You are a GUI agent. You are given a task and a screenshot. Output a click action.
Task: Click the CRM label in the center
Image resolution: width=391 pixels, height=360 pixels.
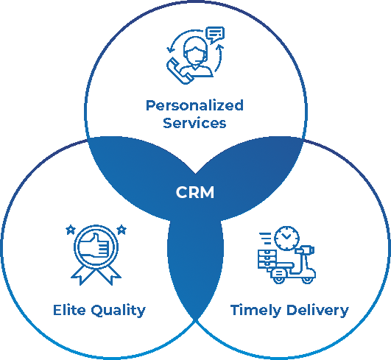coord(195,192)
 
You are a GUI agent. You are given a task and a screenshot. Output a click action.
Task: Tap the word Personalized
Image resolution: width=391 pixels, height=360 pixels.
coord(194,106)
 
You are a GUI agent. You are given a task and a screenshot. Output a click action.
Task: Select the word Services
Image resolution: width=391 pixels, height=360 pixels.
coord(194,123)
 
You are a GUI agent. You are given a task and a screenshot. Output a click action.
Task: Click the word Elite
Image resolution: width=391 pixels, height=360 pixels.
coord(69,310)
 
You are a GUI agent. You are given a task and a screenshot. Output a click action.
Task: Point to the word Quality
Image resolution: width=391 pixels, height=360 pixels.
coord(119,311)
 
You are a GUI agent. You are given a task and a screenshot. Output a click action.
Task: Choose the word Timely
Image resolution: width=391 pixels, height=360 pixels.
coord(256,311)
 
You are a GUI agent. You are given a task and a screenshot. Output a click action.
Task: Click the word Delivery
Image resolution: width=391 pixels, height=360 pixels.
coord(317,311)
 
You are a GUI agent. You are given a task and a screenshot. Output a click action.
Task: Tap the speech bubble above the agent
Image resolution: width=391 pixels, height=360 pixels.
coord(215,35)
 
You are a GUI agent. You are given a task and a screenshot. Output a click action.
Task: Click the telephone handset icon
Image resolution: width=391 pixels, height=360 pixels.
coord(179,71)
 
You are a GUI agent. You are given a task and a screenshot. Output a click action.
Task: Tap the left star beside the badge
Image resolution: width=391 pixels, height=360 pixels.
coord(71,230)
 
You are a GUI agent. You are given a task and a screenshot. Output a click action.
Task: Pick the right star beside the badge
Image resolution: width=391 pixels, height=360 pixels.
coord(121,230)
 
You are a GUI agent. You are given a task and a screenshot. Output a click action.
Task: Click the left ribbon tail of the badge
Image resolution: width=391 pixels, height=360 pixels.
coord(82,275)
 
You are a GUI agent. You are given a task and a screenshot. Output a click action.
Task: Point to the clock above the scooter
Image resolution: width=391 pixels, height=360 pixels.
coord(286,238)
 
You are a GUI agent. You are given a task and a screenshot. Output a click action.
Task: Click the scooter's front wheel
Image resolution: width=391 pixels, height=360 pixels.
coord(308,279)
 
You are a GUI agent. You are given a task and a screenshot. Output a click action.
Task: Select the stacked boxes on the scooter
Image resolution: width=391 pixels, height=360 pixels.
coord(267,258)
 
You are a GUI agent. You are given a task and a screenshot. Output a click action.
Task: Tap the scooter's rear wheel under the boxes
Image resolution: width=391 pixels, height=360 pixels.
coord(279,279)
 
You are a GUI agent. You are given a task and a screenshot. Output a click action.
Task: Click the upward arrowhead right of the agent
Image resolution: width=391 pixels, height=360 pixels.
coord(220,47)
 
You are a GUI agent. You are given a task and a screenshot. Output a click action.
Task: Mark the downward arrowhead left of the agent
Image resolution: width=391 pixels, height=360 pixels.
coord(171,50)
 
